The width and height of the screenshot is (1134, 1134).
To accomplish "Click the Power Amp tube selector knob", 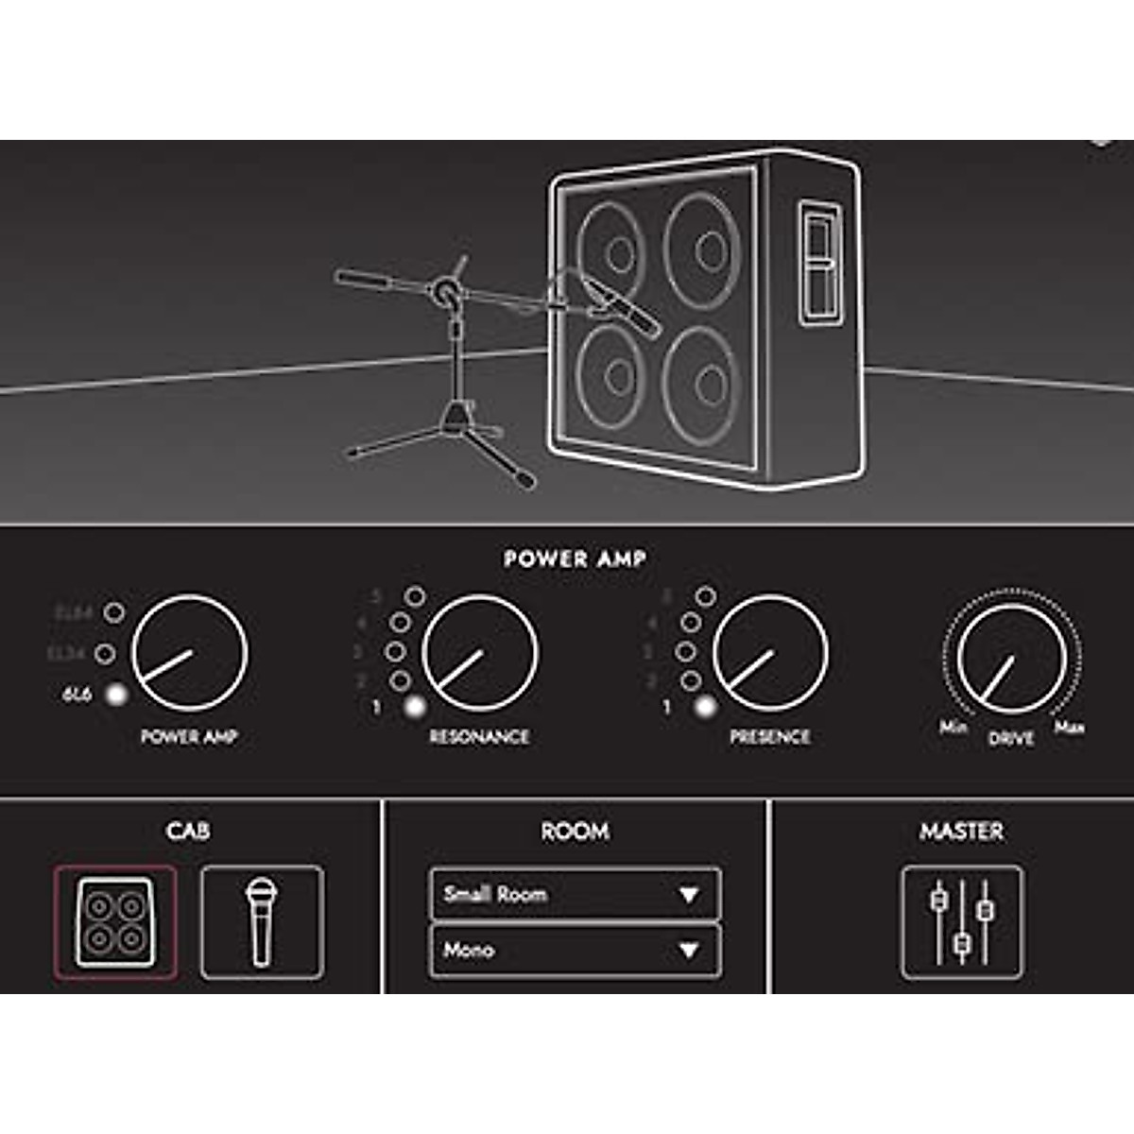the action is (189, 652).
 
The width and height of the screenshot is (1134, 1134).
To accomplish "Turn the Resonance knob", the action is (479, 652).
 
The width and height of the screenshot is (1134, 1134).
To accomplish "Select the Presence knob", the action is (769, 652).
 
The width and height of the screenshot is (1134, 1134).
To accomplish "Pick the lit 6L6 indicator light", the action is (116, 695).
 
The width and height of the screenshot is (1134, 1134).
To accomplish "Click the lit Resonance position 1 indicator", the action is (414, 707).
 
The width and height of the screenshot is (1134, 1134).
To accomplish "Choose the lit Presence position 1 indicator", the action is (704, 707).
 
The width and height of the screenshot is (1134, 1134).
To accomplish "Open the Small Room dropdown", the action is (575, 894).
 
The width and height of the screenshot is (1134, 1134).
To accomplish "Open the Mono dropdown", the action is (575, 950).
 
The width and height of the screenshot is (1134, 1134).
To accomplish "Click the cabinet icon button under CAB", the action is (115, 922).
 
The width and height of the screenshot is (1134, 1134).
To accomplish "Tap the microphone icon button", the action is (262, 922).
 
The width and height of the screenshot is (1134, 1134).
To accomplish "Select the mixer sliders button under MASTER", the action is (961, 922).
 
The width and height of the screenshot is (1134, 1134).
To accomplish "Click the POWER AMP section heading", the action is (575, 558).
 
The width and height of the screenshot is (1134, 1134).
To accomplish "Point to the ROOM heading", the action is (575, 832).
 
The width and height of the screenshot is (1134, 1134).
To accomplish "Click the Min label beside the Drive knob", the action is (953, 727).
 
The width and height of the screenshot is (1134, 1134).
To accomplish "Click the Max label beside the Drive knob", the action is (1069, 728).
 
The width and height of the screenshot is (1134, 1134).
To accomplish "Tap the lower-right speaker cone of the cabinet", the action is (701, 384).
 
